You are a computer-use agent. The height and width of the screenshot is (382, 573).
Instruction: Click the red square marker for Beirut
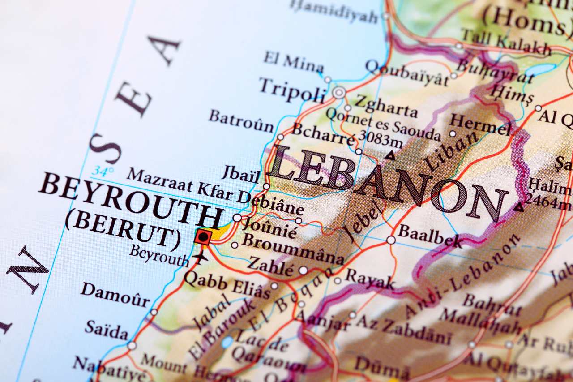pyautogui.click(x=203, y=236)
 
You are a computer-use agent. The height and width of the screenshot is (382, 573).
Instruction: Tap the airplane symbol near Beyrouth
pyautogui.click(x=200, y=258)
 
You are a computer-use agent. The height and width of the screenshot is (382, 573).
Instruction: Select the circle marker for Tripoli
pyautogui.click(x=339, y=93)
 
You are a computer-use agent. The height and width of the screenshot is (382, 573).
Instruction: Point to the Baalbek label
pyautogui.click(x=429, y=236)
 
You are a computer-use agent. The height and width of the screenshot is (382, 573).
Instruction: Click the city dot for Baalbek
pyautogui.click(x=391, y=240)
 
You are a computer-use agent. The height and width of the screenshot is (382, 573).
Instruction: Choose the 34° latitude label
pyautogui.click(x=103, y=171)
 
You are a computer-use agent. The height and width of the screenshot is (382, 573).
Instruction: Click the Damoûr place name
pyautogui.click(x=115, y=295)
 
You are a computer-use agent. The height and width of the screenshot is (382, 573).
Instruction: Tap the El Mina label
pyautogui.click(x=293, y=62)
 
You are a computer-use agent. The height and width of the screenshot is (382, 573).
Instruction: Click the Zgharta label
pyautogui.click(x=386, y=107)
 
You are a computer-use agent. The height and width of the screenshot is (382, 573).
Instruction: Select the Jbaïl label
pyautogui.click(x=241, y=174)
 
